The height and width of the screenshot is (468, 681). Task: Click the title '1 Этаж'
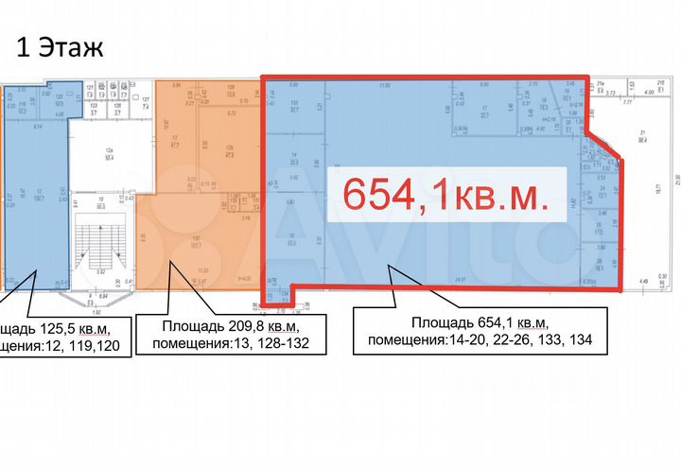pyautogui.click(x=56, y=44)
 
